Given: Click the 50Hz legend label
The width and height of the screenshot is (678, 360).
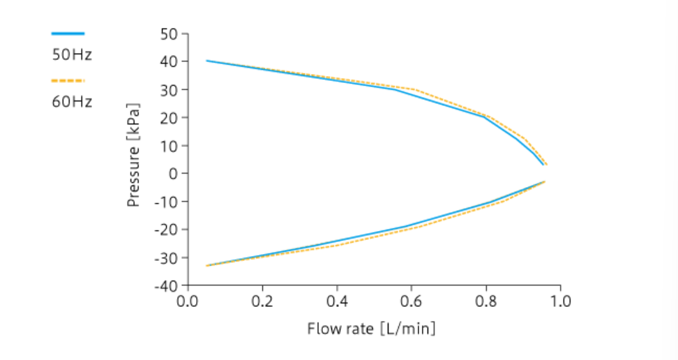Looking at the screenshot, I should point(72,55).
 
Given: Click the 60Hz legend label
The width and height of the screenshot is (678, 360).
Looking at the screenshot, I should point(72,102).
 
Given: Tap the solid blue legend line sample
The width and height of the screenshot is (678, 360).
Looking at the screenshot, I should point(68,33).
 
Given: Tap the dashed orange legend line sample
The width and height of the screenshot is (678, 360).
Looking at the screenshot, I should point(68,80).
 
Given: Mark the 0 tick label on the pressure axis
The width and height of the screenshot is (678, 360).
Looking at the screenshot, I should point(172,173).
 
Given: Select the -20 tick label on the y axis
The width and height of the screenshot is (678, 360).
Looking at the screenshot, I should point(165,230).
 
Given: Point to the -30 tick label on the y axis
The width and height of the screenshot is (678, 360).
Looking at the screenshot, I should point(165,257).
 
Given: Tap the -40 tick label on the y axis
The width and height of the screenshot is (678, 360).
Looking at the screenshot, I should point(165,285).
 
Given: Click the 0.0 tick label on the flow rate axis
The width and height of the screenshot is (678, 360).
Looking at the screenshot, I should point(188,301).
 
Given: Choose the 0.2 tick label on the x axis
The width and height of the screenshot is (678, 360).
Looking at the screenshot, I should point(262,301).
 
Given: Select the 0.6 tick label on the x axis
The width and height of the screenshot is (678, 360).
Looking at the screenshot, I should point(412,301).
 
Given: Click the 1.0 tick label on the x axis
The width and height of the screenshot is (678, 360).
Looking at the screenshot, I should point(561,301).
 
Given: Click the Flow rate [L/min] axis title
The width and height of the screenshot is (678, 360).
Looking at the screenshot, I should point(371,328).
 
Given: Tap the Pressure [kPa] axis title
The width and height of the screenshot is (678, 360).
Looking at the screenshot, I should point(135,156).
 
